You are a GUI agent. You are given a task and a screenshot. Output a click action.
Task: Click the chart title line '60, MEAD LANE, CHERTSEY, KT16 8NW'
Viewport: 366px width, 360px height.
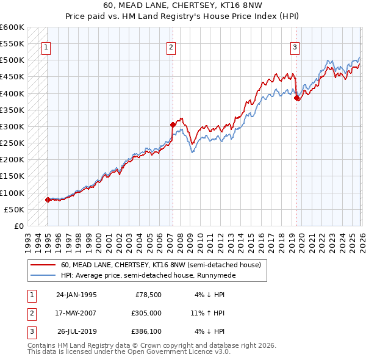click(x=182, y=5)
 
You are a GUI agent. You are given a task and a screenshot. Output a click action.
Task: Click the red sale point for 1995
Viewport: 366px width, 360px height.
click(x=48, y=200)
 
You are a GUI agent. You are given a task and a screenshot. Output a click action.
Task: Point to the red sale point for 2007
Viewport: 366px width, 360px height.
click(x=173, y=124)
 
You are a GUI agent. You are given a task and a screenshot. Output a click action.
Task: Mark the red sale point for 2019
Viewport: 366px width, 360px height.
click(x=296, y=98)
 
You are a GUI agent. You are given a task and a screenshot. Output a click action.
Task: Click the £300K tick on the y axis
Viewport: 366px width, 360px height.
click(x=13, y=126)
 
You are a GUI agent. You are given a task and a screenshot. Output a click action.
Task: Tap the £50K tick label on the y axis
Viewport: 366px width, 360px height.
click(x=15, y=209)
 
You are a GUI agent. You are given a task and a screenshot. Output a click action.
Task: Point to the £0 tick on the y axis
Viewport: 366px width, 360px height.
click(x=20, y=226)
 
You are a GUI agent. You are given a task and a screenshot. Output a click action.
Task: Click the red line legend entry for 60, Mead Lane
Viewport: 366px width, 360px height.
click(x=161, y=265)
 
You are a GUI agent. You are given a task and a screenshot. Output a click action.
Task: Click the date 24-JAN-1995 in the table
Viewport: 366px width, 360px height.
click(x=76, y=295)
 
